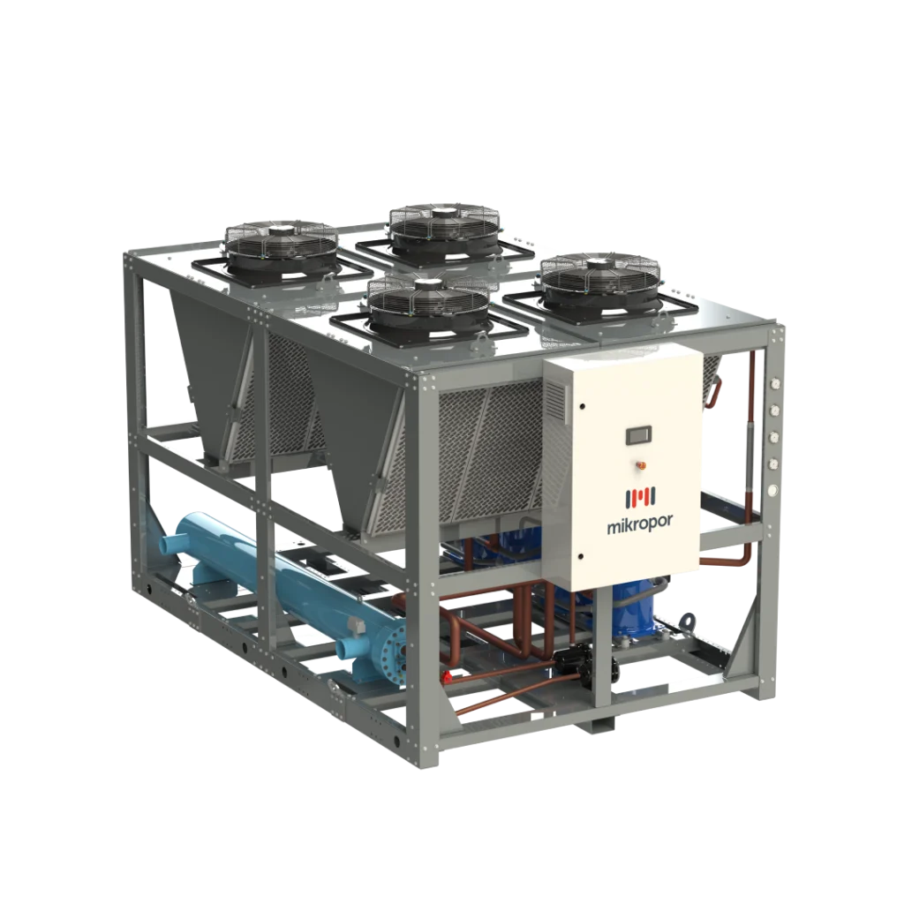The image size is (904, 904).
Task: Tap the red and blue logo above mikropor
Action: click(640, 498)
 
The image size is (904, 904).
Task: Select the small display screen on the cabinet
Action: click(640, 435)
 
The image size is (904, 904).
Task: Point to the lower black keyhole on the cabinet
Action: click(581, 557)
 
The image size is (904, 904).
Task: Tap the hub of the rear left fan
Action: click(282, 231)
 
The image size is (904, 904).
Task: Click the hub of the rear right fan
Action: click(444, 213)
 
